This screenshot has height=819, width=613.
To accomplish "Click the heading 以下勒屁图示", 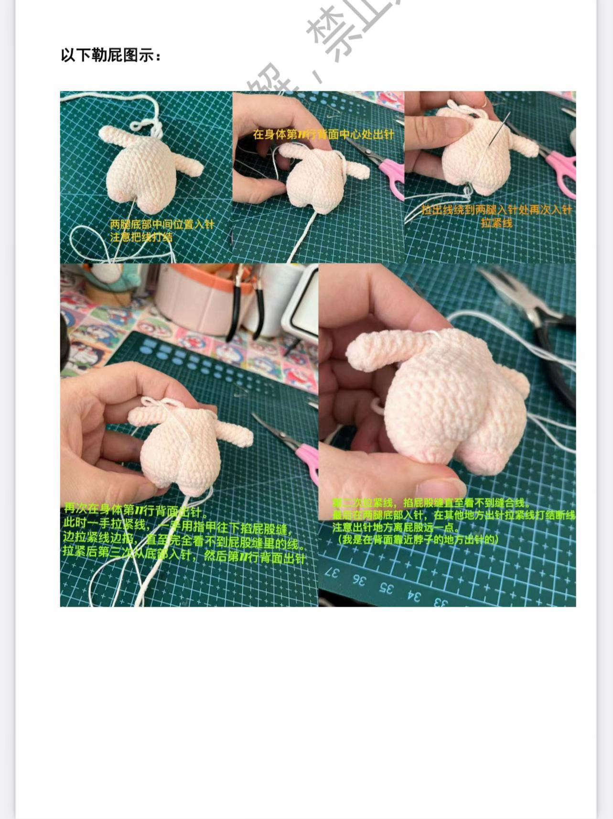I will [111, 55].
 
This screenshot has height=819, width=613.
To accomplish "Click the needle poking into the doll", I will [497, 129].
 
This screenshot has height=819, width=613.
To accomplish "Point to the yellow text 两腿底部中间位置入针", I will [162, 224].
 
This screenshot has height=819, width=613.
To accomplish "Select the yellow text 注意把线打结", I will [141, 237].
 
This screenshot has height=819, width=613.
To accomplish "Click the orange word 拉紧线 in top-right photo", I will [496, 223].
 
